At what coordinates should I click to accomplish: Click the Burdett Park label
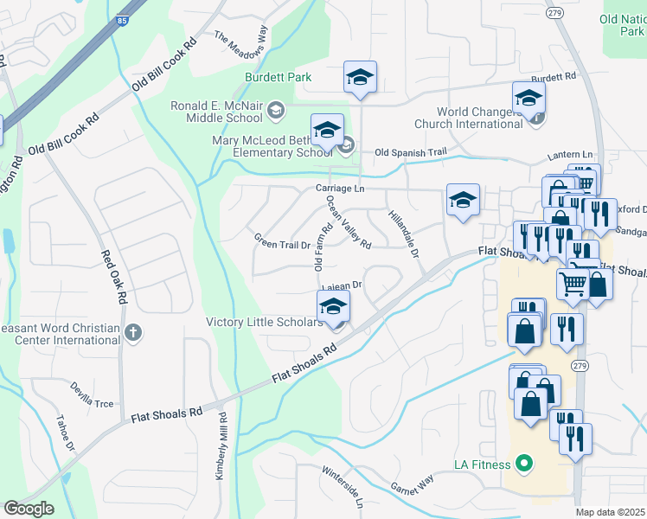tap(278, 78)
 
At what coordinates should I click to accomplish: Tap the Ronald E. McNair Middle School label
tap(216, 112)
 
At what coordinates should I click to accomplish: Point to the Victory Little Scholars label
tap(264, 323)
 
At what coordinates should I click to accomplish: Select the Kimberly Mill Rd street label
tap(221, 445)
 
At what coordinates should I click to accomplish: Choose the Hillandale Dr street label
tap(404, 234)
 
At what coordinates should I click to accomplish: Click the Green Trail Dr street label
tap(282, 241)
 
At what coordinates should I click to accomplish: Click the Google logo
tap(28, 509)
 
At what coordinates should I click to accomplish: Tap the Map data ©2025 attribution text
tap(611, 512)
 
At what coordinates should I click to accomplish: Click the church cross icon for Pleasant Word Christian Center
tap(132, 332)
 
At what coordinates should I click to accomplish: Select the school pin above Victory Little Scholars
tap(333, 305)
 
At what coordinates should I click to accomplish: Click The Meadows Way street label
tap(241, 43)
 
